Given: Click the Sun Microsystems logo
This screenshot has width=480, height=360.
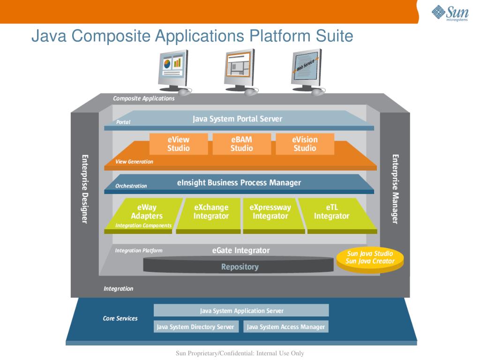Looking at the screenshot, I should [450, 13].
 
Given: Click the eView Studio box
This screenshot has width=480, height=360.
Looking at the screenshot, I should [179, 144].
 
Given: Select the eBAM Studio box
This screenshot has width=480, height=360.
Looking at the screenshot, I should [241, 144].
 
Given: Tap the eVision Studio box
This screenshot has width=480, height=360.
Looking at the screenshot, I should [305, 144].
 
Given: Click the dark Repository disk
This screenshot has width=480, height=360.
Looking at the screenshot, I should [240, 267].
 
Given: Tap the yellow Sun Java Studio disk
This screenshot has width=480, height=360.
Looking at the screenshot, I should [370, 258].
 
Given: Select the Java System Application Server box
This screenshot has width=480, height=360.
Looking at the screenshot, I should [241, 310].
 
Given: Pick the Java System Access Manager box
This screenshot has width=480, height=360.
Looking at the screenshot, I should [286, 327].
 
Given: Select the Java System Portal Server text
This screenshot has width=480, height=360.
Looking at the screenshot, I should [238, 119].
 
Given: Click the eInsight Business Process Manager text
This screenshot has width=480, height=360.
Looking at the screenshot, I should [239, 182].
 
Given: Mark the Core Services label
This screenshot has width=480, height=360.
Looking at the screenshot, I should [120, 318].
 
